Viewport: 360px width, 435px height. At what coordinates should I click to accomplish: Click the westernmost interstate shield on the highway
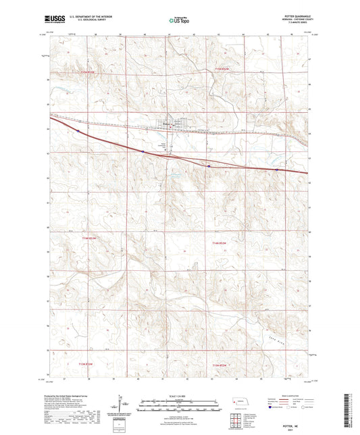tap(78, 131)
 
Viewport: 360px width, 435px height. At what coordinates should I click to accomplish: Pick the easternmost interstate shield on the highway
tap(277, 170)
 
